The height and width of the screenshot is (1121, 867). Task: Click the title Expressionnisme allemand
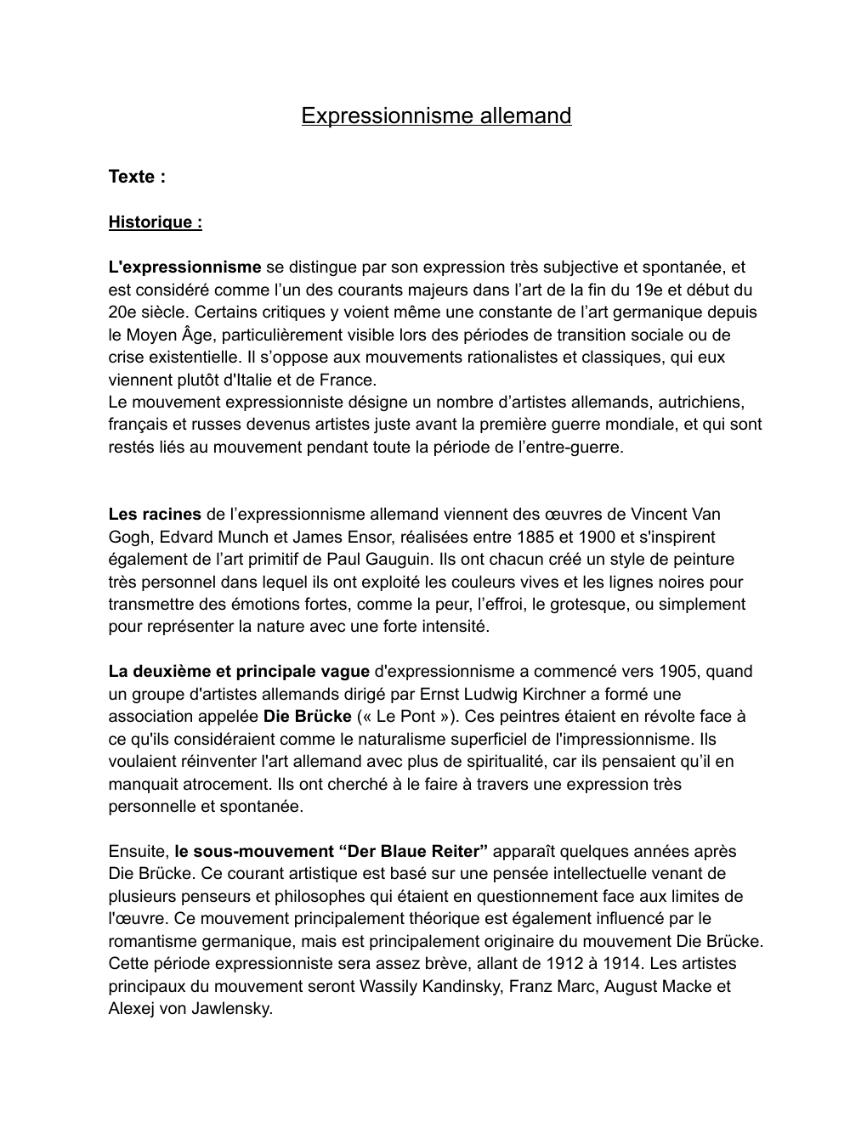pyautogui.click(x=436, y=115)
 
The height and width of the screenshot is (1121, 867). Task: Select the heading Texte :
pyautogui.click(x=136, y=177)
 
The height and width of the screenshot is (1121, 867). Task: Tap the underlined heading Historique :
pyautogui.click(x=155, y=223)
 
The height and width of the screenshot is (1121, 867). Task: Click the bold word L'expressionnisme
pyautogui.click(x=184, y=268)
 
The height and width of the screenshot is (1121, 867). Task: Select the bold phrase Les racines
pyautogui.click(x=155, y=514)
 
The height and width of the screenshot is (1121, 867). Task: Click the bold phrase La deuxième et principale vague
pyautogui.click(x=239, y=671)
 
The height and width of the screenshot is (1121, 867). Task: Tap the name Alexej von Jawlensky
pyautogui.click(x=190, y=1009)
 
